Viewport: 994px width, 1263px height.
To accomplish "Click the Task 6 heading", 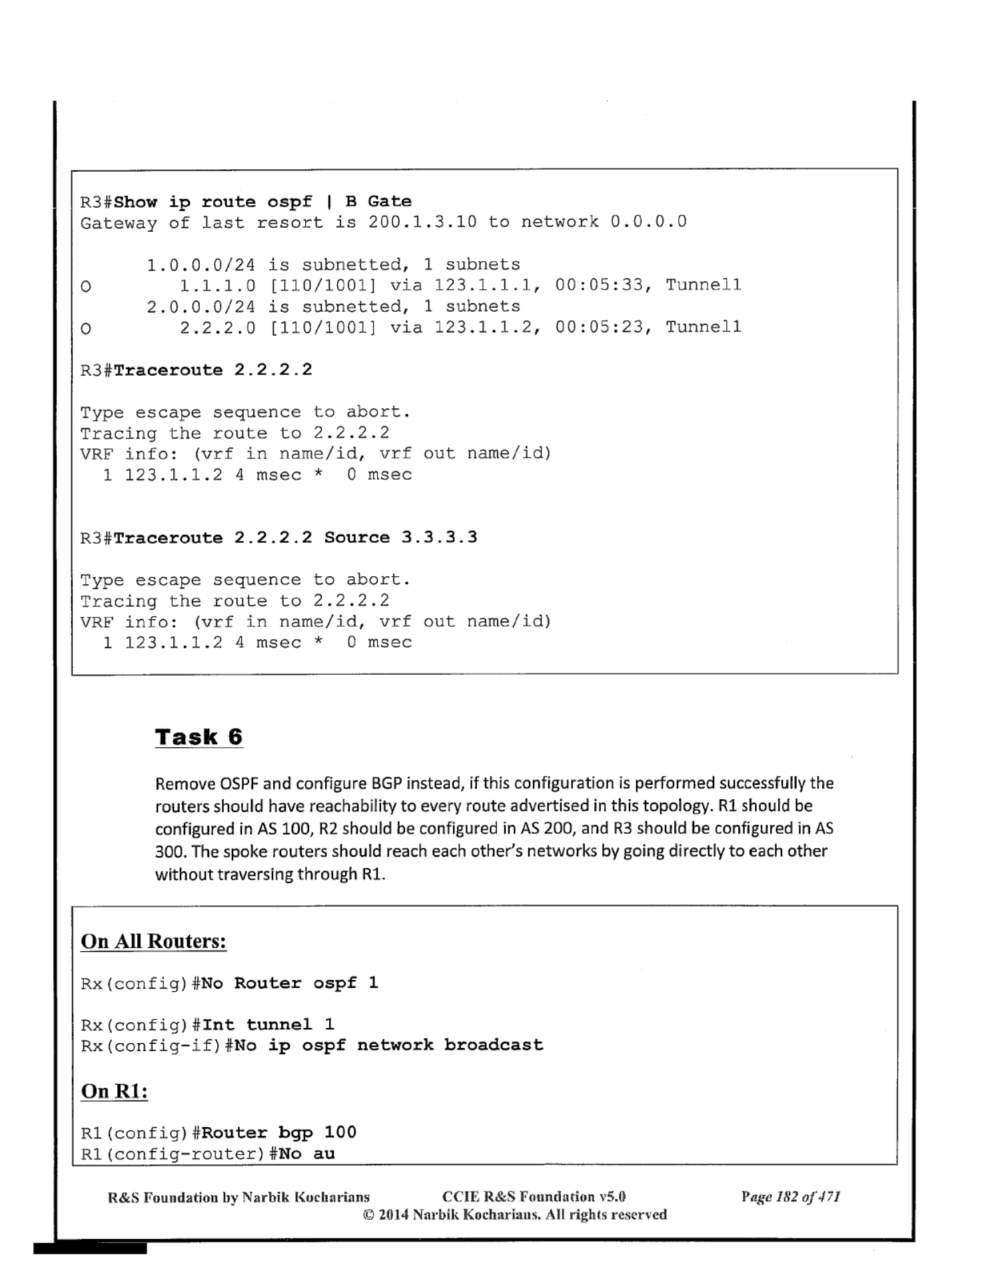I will click(199, 737).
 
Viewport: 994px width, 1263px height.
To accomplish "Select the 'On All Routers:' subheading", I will click(153, 941).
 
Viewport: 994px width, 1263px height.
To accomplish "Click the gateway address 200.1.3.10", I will click(422, 222).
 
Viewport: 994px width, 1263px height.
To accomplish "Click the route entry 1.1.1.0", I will click(218, 285).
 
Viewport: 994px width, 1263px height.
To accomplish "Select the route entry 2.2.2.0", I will click(218, 327).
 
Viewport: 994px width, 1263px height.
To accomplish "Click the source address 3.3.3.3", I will click(439, 538).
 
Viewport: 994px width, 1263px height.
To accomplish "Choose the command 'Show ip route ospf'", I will click(213, 202).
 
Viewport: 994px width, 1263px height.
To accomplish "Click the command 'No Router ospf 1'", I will click(290, 983).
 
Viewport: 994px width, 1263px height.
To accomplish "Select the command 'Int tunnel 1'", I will click(268, 1025).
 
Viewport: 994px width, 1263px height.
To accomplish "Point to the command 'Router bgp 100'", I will click(278, 1132).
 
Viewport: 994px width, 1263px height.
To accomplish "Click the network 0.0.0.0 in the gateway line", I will click(648, 222).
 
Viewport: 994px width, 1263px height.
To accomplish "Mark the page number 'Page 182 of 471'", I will click(791, 1197).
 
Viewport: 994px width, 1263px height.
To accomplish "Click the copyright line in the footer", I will click(515, 1214).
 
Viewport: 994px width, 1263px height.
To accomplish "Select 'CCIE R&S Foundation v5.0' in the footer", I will click(534, 1197).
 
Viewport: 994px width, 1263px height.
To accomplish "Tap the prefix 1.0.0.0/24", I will click(201, 264).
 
